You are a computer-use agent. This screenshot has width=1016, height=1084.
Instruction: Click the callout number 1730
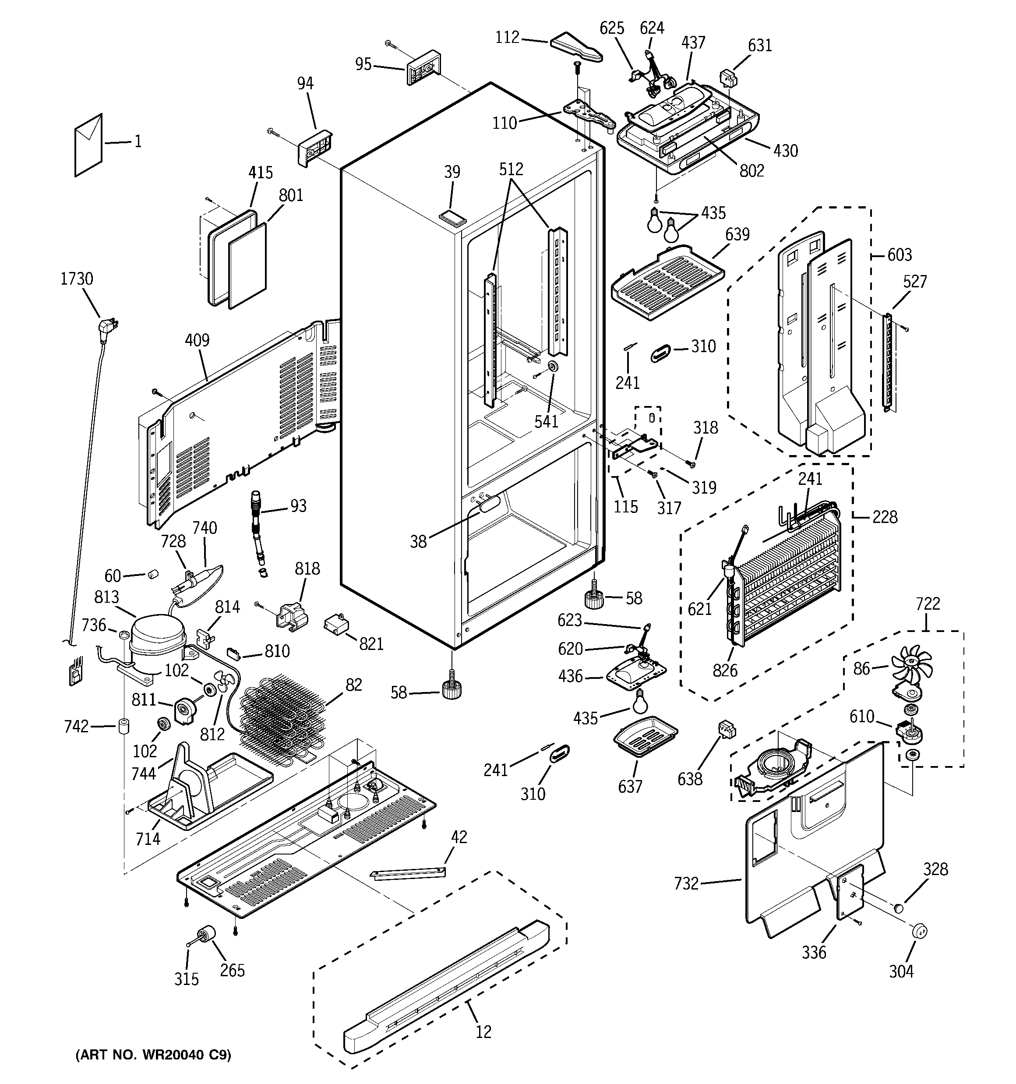[x=76, y=279]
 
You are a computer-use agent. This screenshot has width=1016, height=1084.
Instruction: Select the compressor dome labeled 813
[x=158, y=632]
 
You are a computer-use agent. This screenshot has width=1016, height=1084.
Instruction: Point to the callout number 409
[x=197, y=340]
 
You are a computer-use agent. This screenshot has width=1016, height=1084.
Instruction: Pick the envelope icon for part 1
[x=88, y=145]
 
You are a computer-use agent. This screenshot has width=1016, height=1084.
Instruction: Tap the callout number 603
[x=900, y=254]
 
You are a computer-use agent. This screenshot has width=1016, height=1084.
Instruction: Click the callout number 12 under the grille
[x=483, y=1031]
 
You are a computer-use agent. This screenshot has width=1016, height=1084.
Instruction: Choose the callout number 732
[x=686, y=883]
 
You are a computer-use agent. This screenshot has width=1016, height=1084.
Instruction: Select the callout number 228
[x=884, y=517]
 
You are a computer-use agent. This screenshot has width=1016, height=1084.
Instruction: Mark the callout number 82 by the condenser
[x=353, y=685]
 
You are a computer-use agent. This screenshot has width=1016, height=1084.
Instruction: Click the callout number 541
[x=546, y=421]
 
